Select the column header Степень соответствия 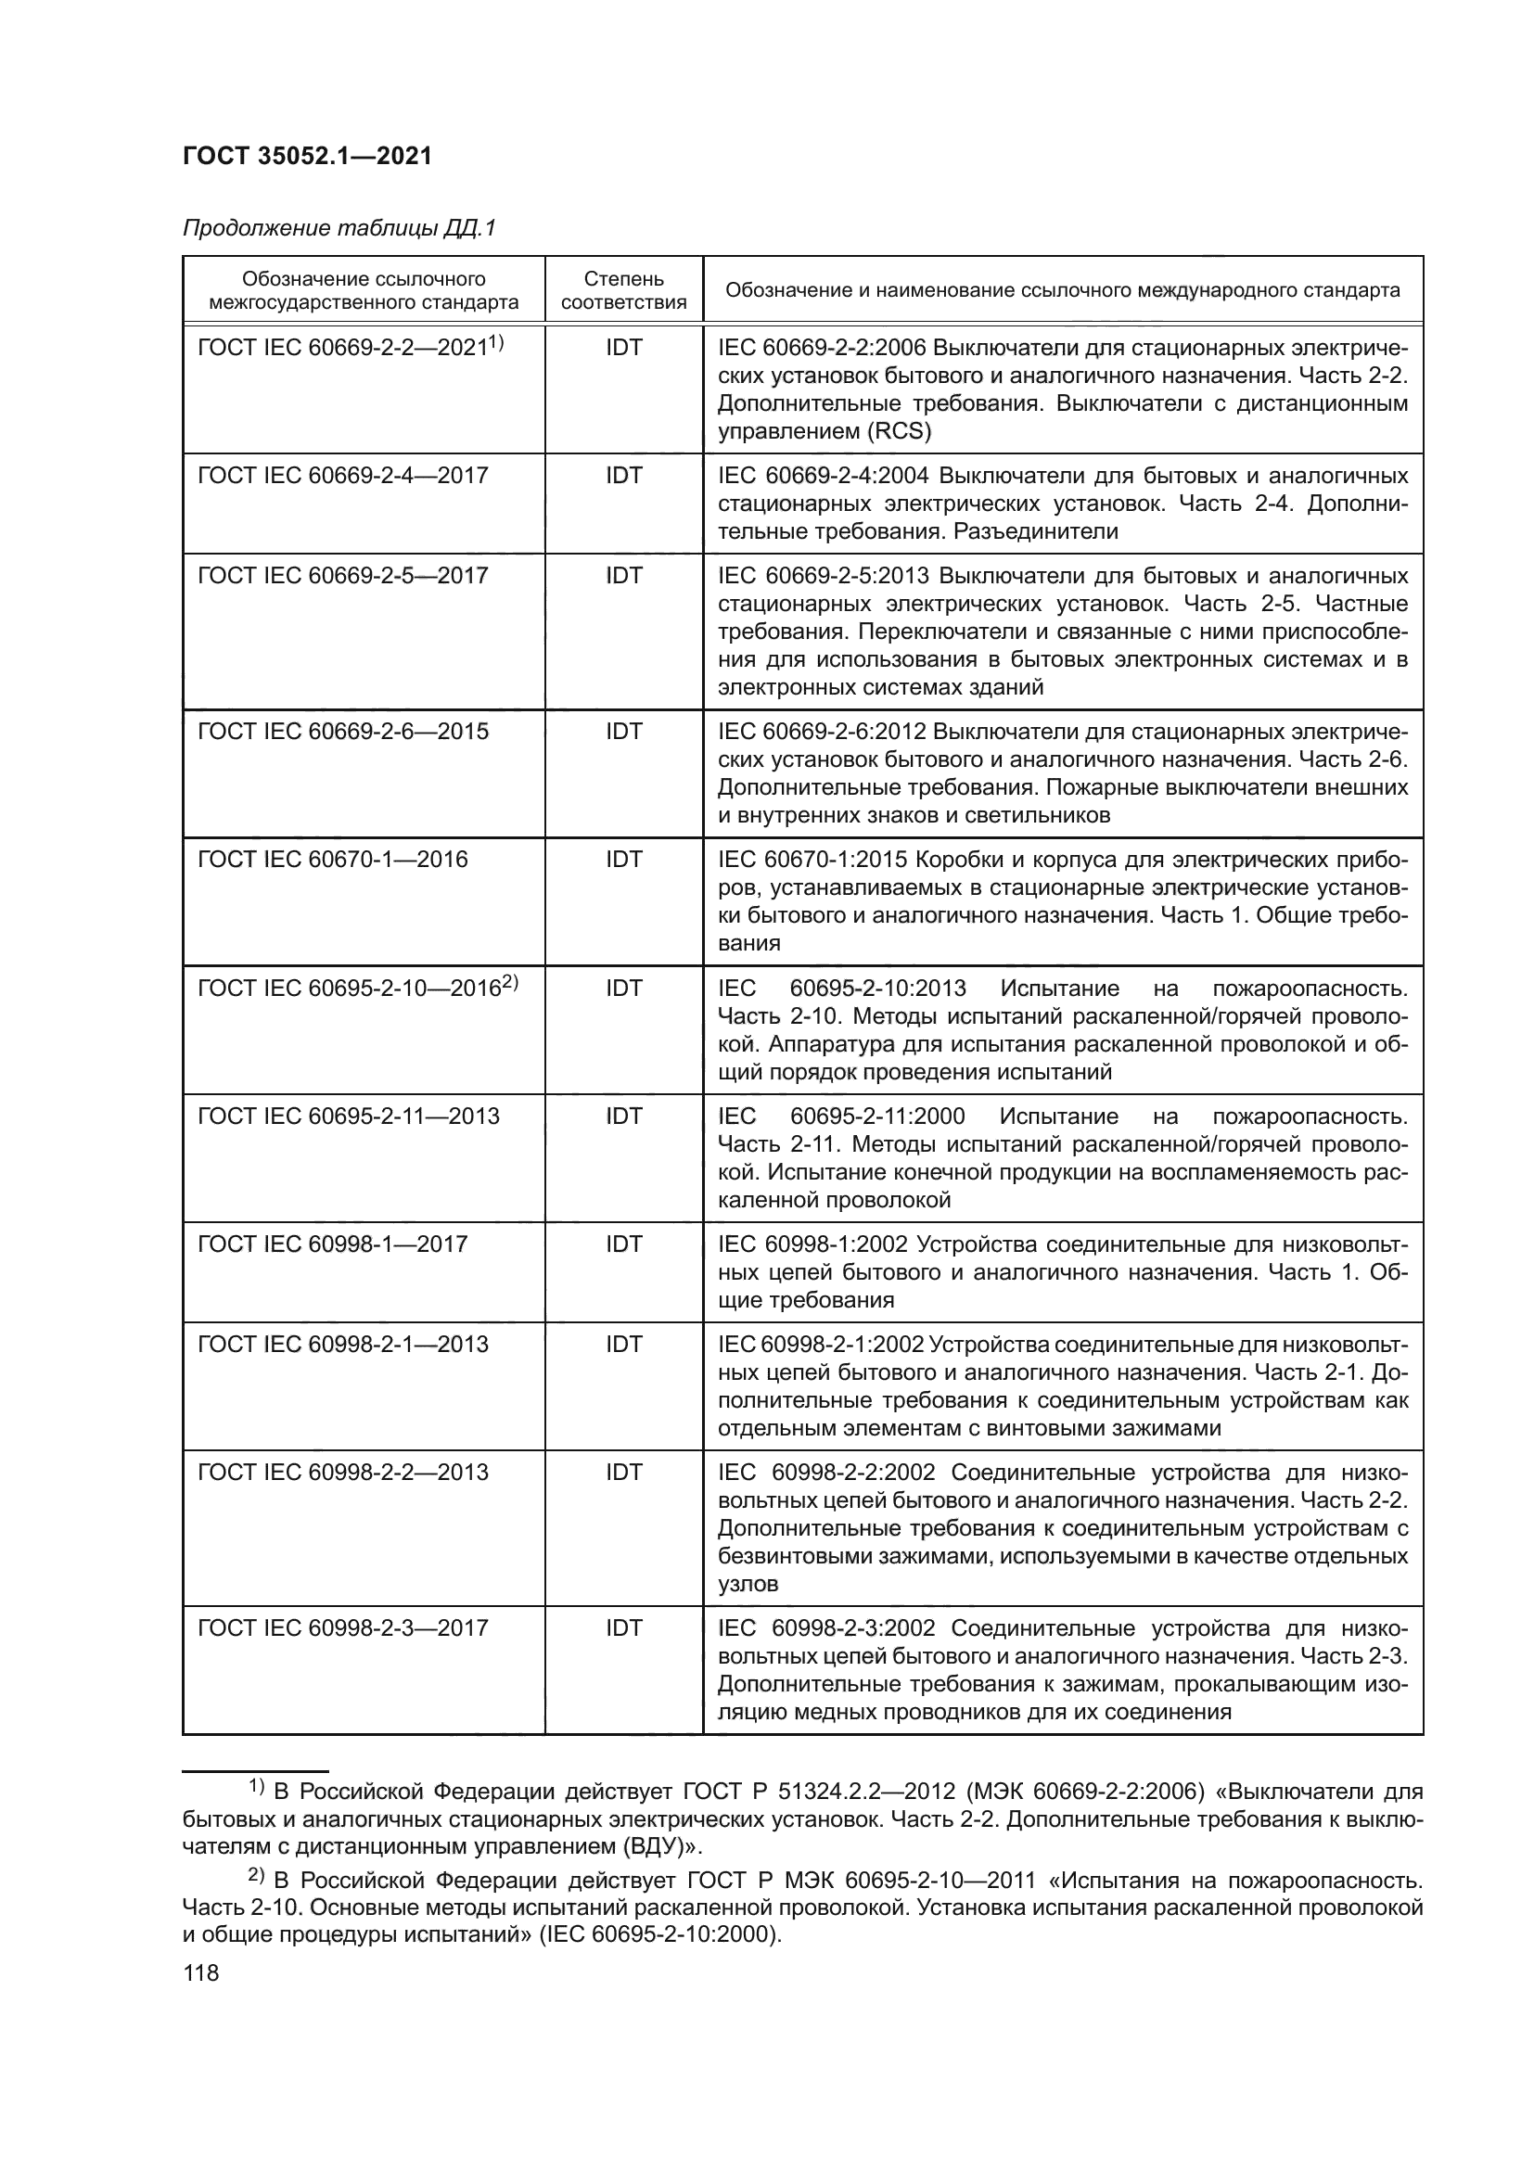pos(623,290)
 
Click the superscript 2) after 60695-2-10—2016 pos(510,983)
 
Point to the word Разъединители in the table pos(1035,532)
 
